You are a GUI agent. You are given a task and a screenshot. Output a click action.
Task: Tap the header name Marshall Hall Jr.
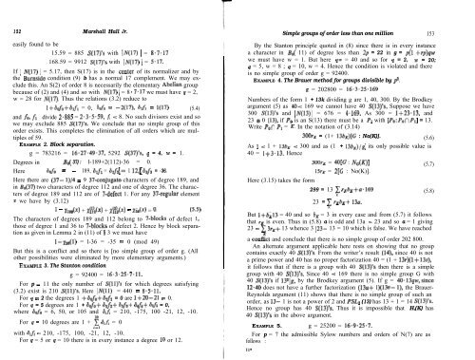pos(121,8)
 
